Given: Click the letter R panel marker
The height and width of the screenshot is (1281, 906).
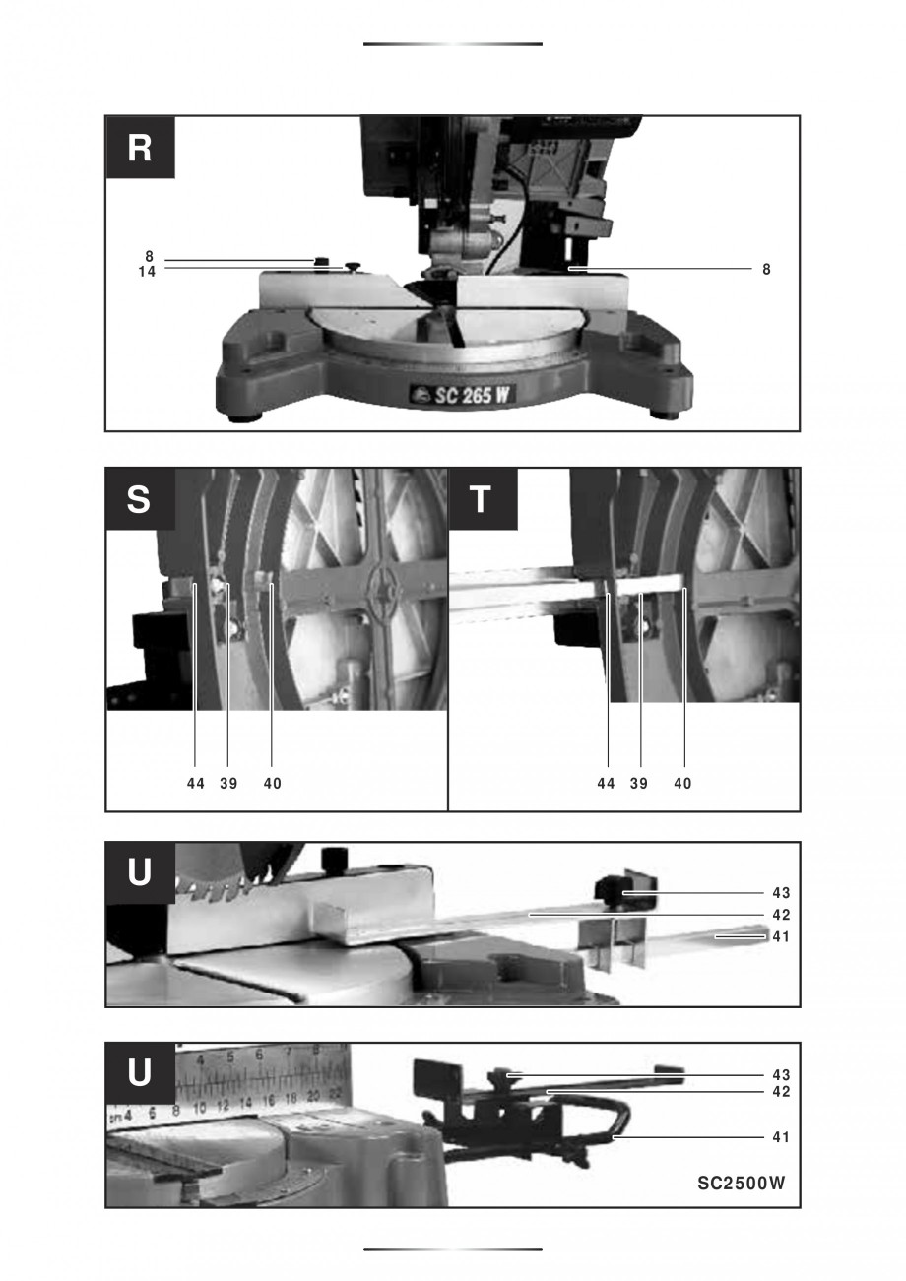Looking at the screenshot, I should [140, 148].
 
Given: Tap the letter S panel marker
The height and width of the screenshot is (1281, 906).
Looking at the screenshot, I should [140, 499].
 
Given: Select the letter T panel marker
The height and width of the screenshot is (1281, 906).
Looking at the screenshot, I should [482, 499].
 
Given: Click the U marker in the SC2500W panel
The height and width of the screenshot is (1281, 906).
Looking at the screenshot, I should [140, 1073].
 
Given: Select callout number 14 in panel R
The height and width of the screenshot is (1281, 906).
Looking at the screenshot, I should [147, 273].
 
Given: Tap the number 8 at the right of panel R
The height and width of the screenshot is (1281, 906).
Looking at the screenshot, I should [766, 269].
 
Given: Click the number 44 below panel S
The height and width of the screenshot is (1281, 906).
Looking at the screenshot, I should [195, 784].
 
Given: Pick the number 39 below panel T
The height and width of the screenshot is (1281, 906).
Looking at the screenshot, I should [638, 784].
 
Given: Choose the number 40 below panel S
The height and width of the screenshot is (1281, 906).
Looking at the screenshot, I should [272, 784].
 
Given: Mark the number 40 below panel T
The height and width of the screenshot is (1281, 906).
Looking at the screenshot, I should [682, 784].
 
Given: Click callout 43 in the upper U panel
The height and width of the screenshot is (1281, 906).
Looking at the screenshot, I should [781, 893].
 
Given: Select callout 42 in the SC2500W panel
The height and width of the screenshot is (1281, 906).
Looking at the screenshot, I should [781, 1092].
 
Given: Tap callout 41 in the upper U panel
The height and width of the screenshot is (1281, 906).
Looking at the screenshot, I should [781, 937].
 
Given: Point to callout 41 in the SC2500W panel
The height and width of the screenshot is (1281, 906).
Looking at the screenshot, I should [781, 1137].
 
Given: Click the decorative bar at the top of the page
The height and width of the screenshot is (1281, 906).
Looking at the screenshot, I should [452, 44].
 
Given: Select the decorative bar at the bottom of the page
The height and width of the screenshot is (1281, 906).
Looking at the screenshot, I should [452, 1249].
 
